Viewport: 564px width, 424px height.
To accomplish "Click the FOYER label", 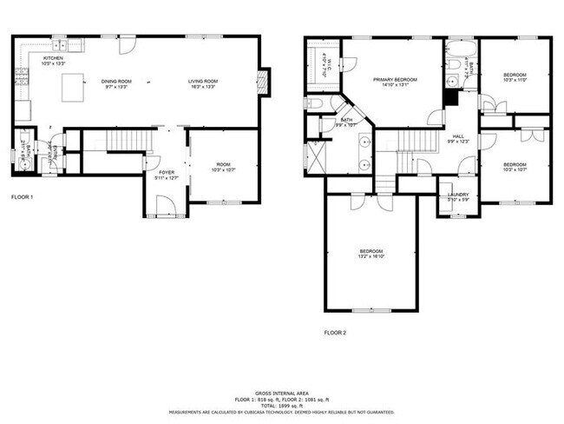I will point(165,173).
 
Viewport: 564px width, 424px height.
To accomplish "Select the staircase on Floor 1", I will point(124,141).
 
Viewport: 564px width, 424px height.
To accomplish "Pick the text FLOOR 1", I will point(22,197).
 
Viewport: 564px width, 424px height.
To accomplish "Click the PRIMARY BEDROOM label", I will point(395,80).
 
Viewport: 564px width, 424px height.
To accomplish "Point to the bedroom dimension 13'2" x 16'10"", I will point(371,256).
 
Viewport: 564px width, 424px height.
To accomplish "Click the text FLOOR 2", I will point(335,332).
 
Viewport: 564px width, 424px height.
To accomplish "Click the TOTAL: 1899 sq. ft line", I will point(281,407).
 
